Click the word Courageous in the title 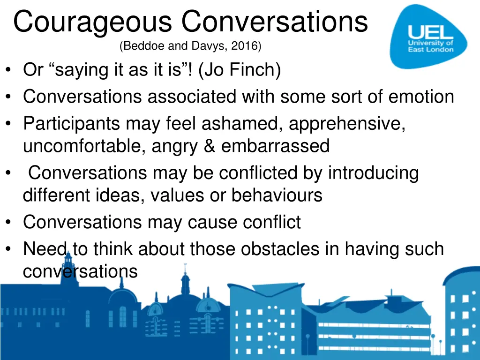click(94, 22)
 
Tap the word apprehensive click(347, 124)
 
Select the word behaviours click(277, 195)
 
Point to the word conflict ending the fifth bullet click(271, 222)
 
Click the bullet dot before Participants click(9, 124)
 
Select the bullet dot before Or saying click(9, 71)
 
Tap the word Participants click(71, 124)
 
